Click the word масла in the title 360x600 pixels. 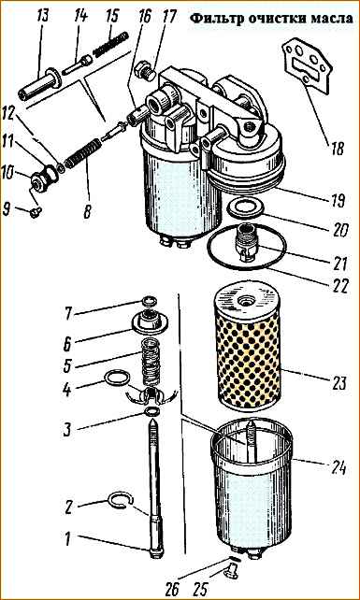click(x=331, y=19)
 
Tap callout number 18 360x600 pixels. click(x=338, y=149)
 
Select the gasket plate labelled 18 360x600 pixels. click(x=307, y=66)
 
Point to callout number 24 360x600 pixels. click(x=338, y=467)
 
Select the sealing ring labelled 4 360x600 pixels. click(x=116, y=379)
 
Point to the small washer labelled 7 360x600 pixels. click(x=149, y=302)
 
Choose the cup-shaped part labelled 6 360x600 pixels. click(x=149, y=321)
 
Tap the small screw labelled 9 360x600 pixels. click(x=36, y=212)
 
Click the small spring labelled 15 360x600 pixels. click(x=110, y=44)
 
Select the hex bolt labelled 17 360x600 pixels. click(x=145, y=70)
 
